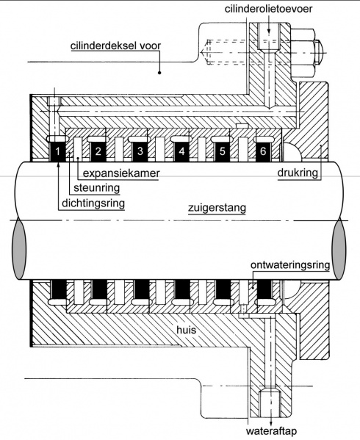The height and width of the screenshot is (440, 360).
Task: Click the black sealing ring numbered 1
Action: [59, 152]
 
